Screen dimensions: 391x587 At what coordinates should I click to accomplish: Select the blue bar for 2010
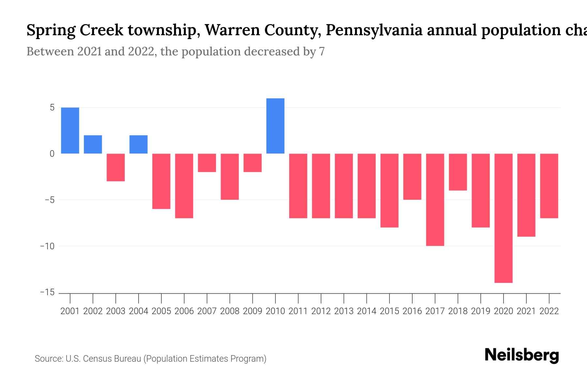275,126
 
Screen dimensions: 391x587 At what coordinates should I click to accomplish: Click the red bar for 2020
504,218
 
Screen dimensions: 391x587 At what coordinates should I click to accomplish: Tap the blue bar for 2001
70,130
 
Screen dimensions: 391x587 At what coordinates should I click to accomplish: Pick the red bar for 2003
116,167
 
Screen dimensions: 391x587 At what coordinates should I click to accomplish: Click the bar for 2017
435,199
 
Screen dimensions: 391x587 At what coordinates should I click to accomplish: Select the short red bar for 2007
207,163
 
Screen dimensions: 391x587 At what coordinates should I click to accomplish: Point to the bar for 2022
549,186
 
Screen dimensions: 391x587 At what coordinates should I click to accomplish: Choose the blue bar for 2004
139,144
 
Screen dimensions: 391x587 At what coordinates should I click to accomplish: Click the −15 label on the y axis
47,292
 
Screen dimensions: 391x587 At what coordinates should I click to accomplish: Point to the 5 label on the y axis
52,108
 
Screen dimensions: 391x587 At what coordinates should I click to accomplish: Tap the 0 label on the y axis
52,154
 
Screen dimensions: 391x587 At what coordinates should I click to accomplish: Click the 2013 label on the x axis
344,311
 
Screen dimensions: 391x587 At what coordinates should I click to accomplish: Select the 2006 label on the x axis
184,311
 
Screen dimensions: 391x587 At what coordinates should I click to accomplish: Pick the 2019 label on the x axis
481,311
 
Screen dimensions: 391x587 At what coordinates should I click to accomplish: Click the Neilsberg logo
522,355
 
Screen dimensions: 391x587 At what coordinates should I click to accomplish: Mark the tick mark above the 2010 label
275,298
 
